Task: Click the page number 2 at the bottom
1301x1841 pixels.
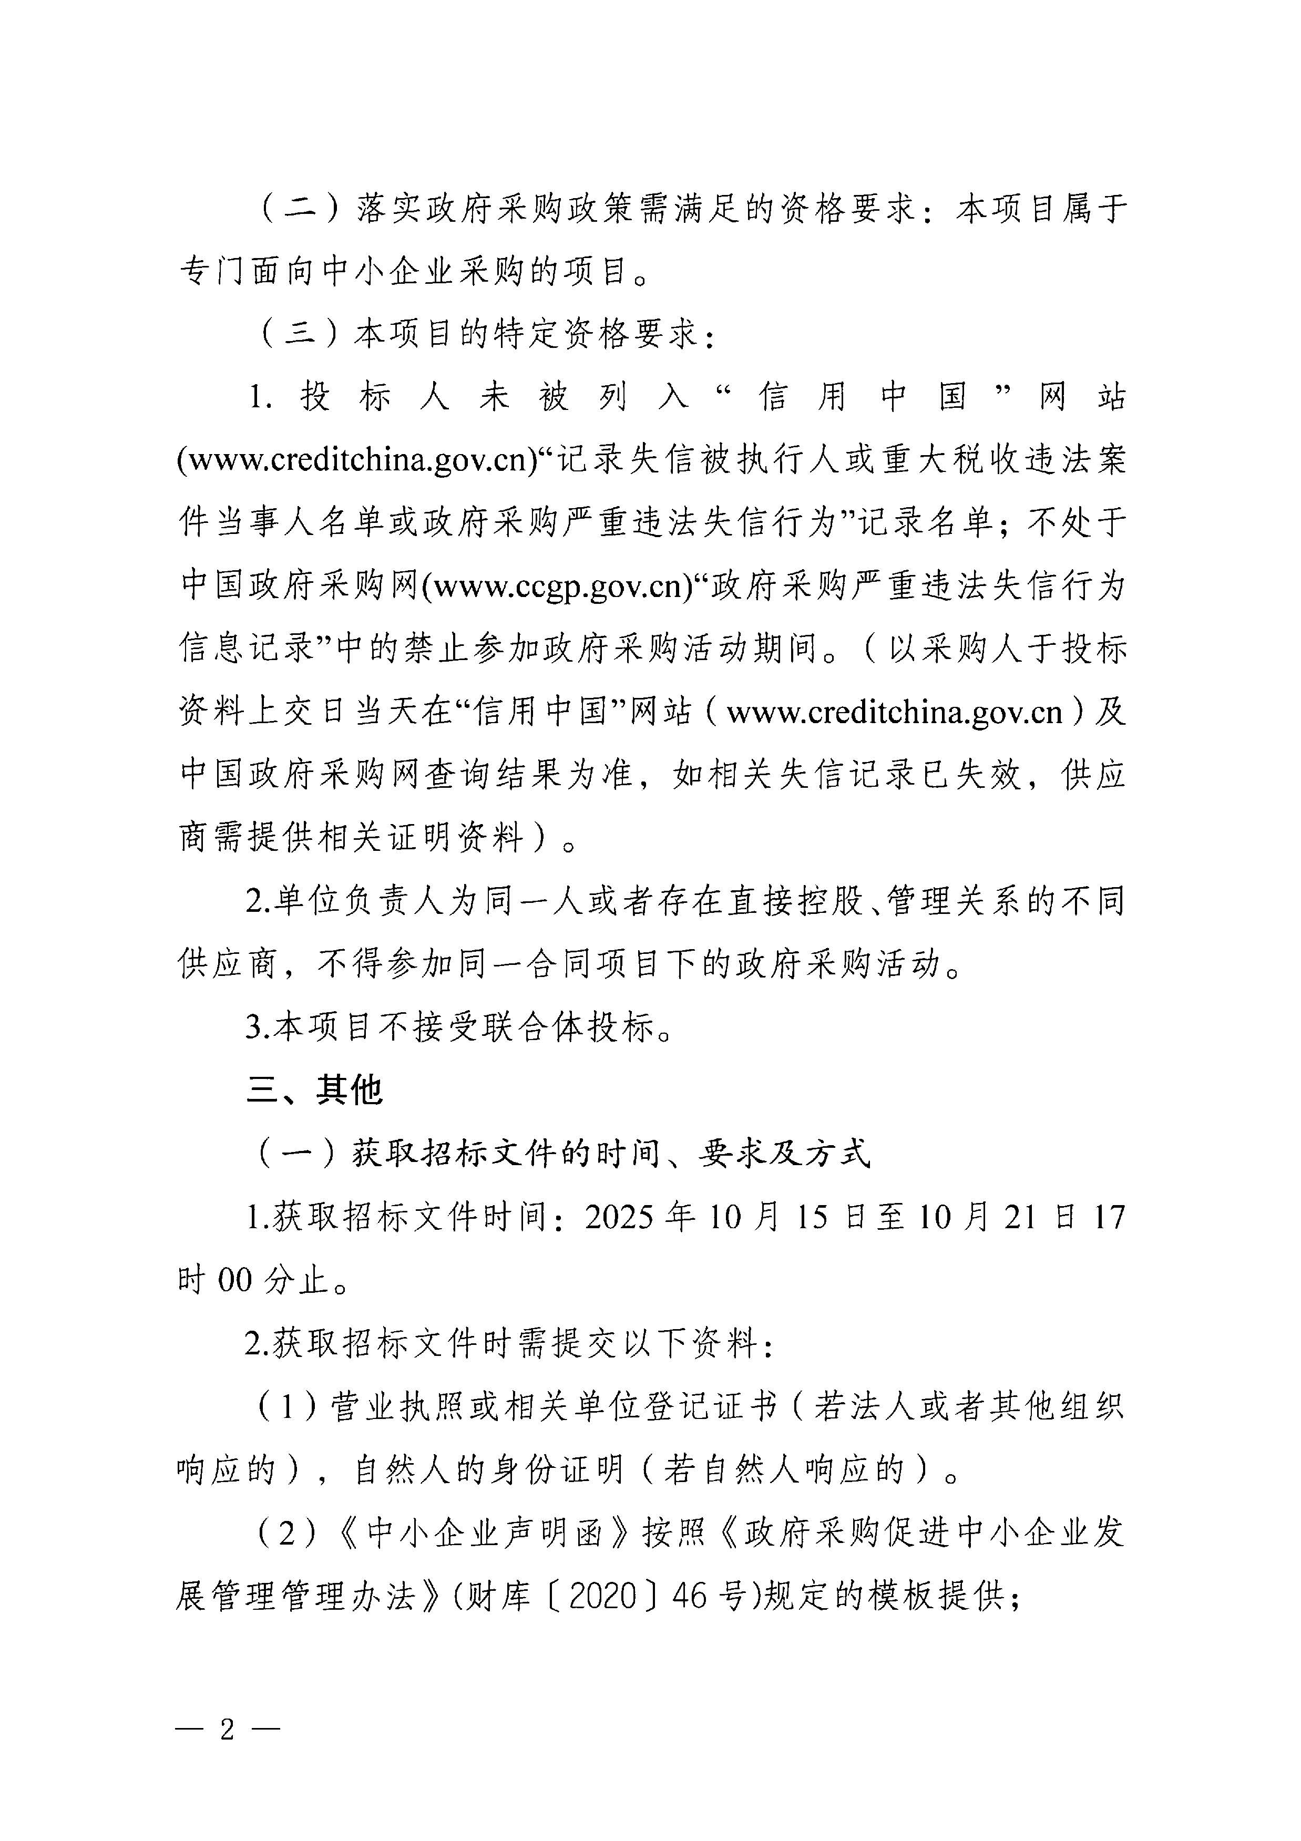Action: pyautogui.click(x=227, y=1730)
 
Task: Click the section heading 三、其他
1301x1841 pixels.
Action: pyautogui.click(x=314, y=1089)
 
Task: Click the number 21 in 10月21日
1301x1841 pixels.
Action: pyautogui.click(x=1019, y=1216)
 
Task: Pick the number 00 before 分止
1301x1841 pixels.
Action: pyautogui.click(x=235, y=1280)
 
